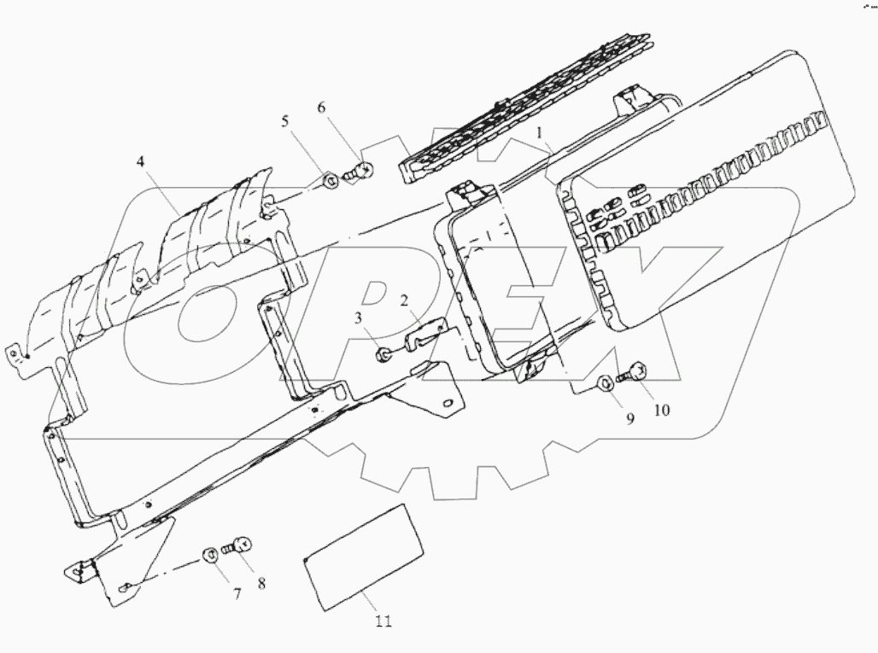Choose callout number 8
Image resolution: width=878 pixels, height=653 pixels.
[x=262, y=585]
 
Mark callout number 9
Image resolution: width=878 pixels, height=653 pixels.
[x=629, y=419]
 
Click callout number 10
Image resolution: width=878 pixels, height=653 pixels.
[x=662, y=410]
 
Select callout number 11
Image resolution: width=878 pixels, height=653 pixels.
[x=383, y=621]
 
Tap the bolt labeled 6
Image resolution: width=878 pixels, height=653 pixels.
[x=360, y=172]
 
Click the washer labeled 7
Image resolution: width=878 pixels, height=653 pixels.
[x=208, y=556]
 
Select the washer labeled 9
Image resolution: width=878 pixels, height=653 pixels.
[x=603, y=384]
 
